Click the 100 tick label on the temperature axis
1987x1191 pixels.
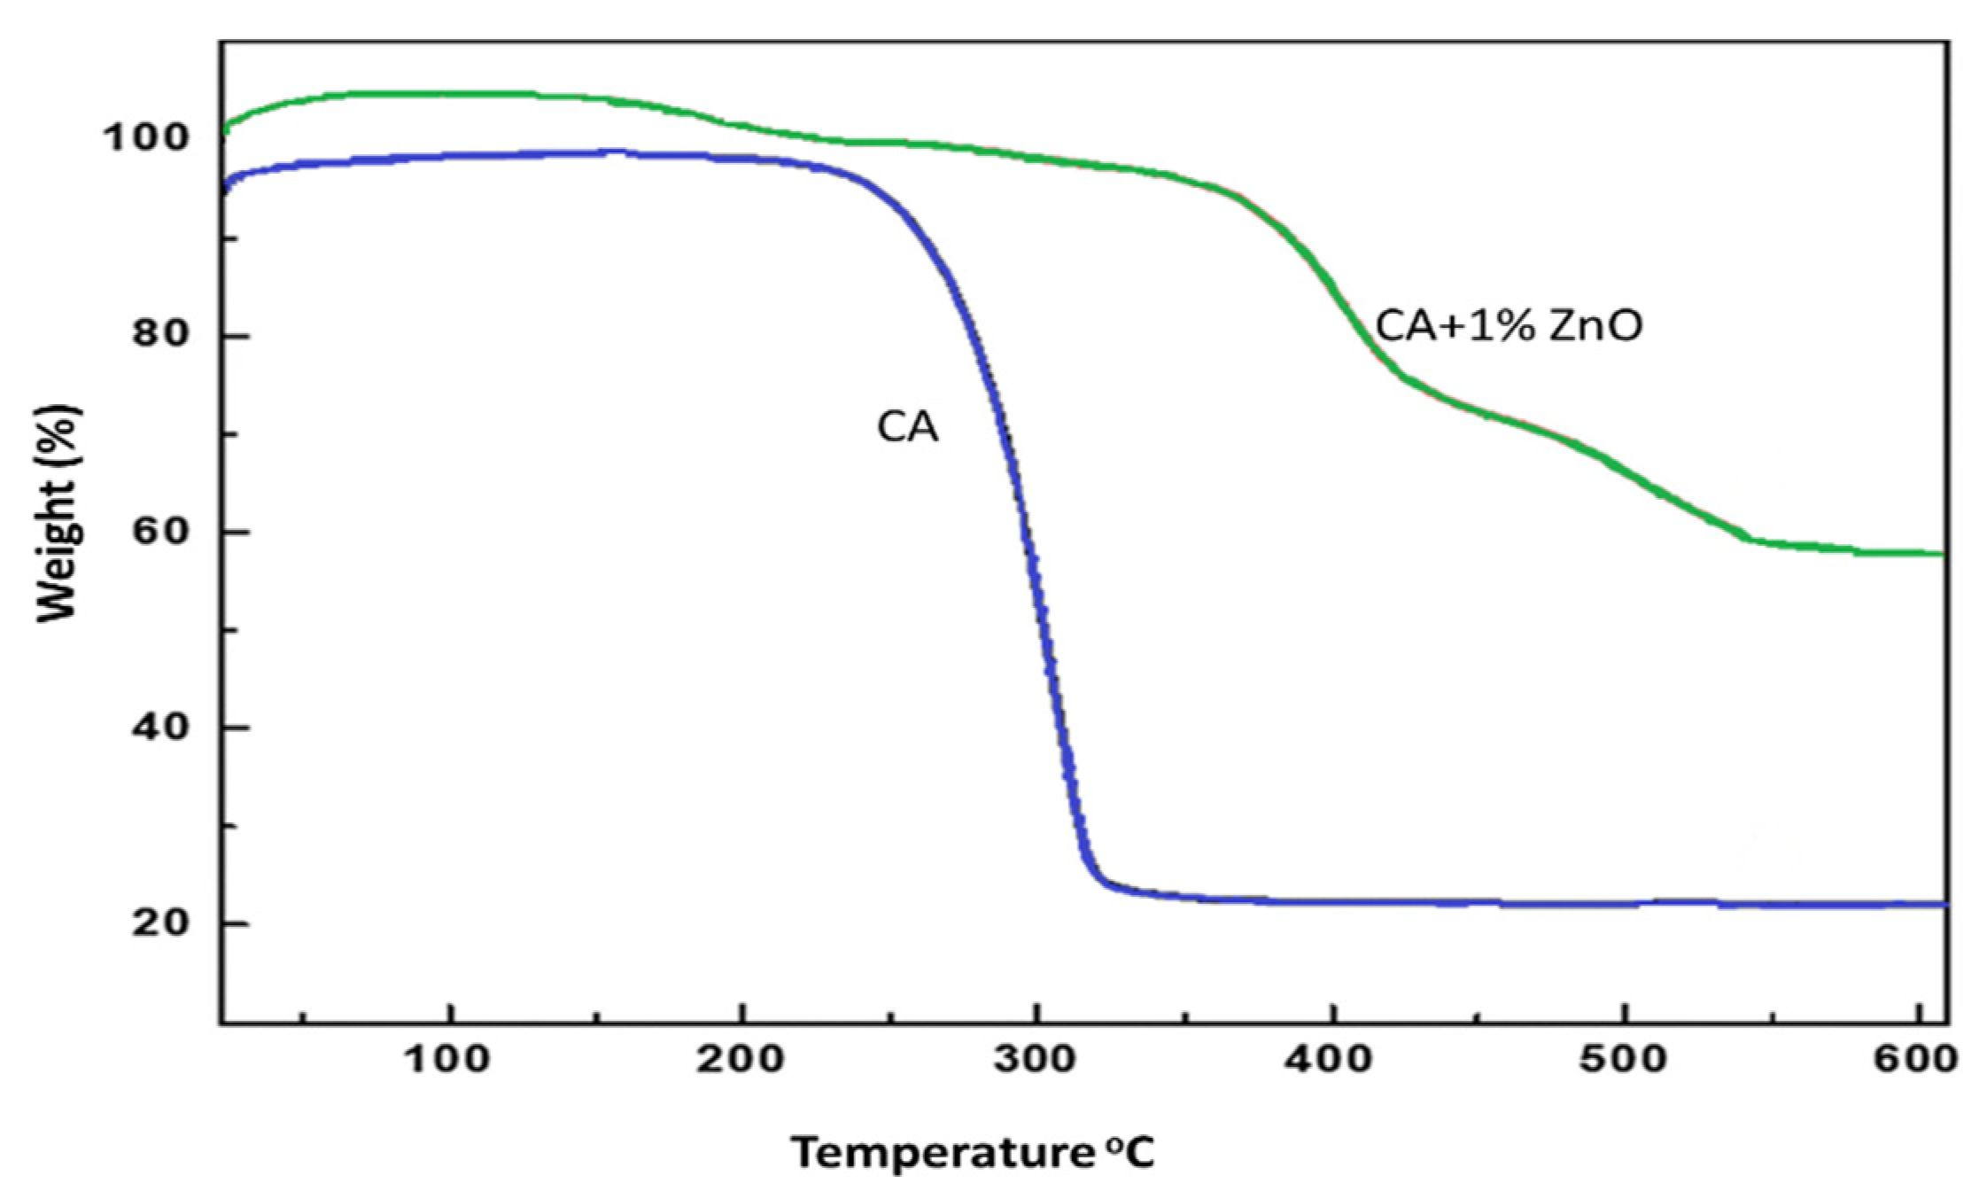[449, 1059]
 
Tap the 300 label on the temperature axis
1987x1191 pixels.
[1035, 1059]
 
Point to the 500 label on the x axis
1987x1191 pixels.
[1624, 1059]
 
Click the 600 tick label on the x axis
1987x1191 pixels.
[1916, 1059]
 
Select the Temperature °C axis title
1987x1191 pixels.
[972, 1153]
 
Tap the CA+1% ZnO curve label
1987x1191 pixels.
[1509, 326]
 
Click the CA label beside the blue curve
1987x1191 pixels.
[907, 428]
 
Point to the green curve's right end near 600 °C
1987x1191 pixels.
[1940, 553]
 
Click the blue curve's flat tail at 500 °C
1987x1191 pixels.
[1624, 904]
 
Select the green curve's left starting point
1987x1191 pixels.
[226, 129]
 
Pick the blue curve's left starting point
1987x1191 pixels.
[225, 188]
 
